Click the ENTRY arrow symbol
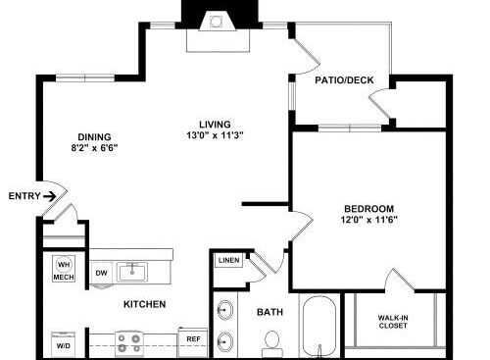click(50, 196)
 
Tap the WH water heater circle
click(64, 264)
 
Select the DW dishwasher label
click(101, 273)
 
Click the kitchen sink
click(132, 272)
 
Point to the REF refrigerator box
click(193, 342)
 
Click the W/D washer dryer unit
click(64, 344)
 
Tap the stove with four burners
click(129, 343)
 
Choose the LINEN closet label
click(229, 261)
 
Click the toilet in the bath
click(272, 344)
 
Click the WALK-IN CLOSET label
click(393, 322)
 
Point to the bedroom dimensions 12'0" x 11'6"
click(369, 220)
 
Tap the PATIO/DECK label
click(344, 80)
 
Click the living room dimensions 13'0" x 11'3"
click(215, 135)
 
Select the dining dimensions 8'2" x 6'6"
click(94, 148)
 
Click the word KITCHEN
click(145, 304)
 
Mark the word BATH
click(269, 312)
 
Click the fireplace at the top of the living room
click(219, 31)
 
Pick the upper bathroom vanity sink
click(225, 310)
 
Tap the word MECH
click(64, 278)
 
